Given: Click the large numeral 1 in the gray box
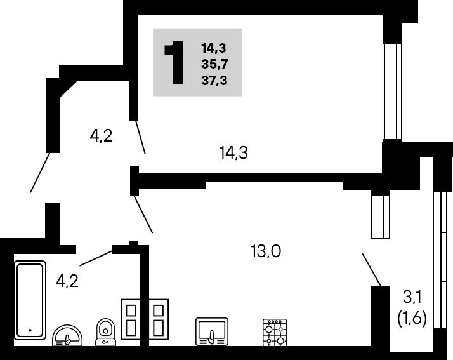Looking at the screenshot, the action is click(174, 62).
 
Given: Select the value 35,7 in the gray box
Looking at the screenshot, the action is click(214, 64).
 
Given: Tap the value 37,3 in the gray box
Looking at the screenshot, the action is click(214, 80).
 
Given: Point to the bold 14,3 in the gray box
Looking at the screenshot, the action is click(214, 48).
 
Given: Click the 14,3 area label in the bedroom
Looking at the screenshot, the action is click(233, 152).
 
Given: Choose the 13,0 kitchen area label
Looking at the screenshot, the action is click(266, 251).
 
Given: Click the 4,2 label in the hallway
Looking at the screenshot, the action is click(101, 136).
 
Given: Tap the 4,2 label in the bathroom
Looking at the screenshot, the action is click(67, 281).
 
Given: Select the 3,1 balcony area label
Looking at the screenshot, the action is click(412, 297).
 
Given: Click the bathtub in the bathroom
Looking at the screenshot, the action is click(30, 300).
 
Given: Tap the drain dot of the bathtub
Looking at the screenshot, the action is click(30, 330).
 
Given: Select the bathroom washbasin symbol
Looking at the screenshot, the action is click(67, 335).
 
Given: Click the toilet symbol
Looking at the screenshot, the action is click(106, 332).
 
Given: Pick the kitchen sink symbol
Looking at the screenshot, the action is click(212, 331).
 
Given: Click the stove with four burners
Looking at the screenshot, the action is click(275, 332).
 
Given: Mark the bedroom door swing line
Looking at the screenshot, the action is click(141, 137).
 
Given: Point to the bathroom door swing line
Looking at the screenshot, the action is click(96, 258).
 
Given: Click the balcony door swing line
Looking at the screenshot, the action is click(372, 270).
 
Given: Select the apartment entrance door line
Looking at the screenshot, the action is click(40, 172).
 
